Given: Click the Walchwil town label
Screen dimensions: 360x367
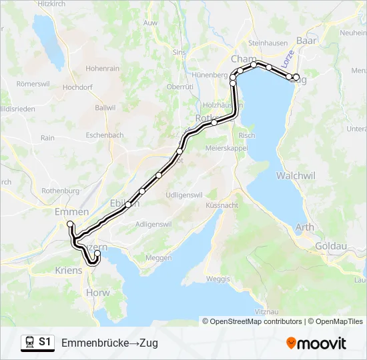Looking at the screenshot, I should click(x=296, y=176).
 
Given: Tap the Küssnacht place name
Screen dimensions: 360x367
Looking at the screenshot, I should click(x=222, y=205).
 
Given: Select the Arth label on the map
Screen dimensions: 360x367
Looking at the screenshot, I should click(x=304, y=227).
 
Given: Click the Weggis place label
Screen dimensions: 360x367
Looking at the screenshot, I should click(x=218, y=278).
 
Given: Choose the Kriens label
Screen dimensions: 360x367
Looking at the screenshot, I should click(x=69, y=270).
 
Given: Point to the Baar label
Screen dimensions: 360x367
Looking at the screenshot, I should click(x=306, y=41).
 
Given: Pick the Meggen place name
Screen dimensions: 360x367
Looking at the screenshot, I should click(x=158, y=257).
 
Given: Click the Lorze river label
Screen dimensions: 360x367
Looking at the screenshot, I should click(x=288, y=59).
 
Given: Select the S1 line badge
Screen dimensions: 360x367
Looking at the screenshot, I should click(x=45, y=342).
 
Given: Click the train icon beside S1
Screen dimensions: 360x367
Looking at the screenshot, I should click(x=29, y=342).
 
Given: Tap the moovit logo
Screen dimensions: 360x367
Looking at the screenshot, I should click(x=316, y=343).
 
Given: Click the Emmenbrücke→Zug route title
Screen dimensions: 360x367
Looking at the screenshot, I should click(x=109, y=343).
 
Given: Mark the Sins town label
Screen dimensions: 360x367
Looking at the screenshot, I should click(x=179, y=51).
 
